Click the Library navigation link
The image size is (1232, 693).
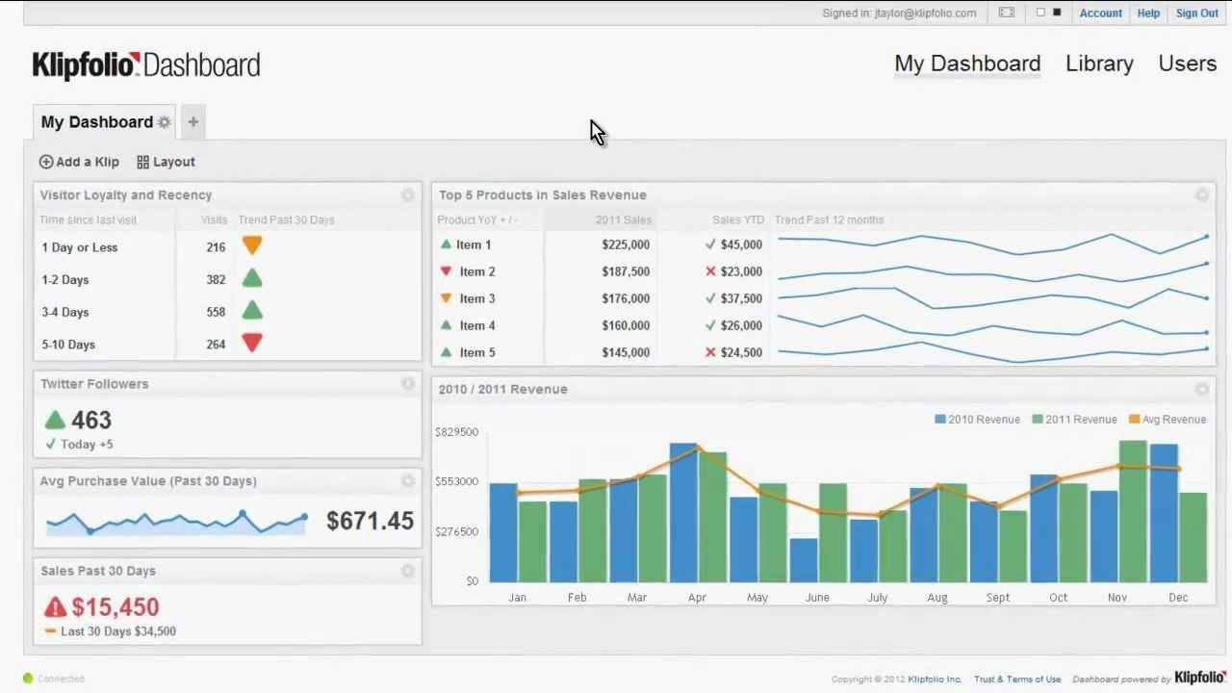[1099, 64]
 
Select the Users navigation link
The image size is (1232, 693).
[1187, 64]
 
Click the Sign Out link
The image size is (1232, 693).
[1196, 13]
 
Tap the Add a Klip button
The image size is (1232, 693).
[79, 162]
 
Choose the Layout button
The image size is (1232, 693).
[166, 162]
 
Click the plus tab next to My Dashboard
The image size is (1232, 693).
[193, 122]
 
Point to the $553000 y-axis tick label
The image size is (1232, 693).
[456, 481]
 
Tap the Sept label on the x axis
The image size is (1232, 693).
[998, 598]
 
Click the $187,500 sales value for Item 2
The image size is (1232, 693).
[626, 271]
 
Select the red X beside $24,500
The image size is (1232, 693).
[710, 352]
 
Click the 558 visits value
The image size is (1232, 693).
[216, 312]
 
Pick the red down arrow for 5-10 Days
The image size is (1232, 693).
[252, 343]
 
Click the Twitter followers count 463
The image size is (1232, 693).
[91, 421]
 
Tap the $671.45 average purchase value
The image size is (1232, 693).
[370, 521]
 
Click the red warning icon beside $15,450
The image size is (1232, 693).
[55, 607]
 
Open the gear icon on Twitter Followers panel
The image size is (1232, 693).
[407, 384]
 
